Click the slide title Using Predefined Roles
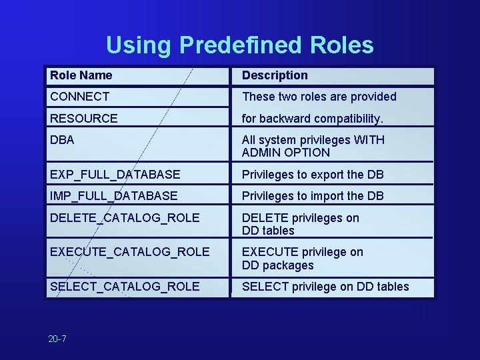pos(239,45)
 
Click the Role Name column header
pos(81,75)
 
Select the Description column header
pos(275,75)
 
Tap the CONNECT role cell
pos(79,97)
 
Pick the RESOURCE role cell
pos(83,119)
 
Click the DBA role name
pos(62,140)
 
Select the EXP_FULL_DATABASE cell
pos(115,175)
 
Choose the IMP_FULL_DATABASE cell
pos(113,196)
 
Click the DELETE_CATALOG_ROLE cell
pos(125,217)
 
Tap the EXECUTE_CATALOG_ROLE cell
pos(129,252)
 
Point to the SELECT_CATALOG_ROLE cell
pos(125,287)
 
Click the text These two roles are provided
pos(319,97)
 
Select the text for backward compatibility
pos(313,119)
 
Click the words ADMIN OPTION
pos(285,153)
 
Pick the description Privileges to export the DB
pos(313,175)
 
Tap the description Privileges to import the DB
pos(313,196)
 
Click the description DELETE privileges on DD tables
pos(300,224)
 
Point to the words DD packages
pos(277,265)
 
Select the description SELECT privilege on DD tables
pos(325,287)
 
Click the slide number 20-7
pos(57,339)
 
